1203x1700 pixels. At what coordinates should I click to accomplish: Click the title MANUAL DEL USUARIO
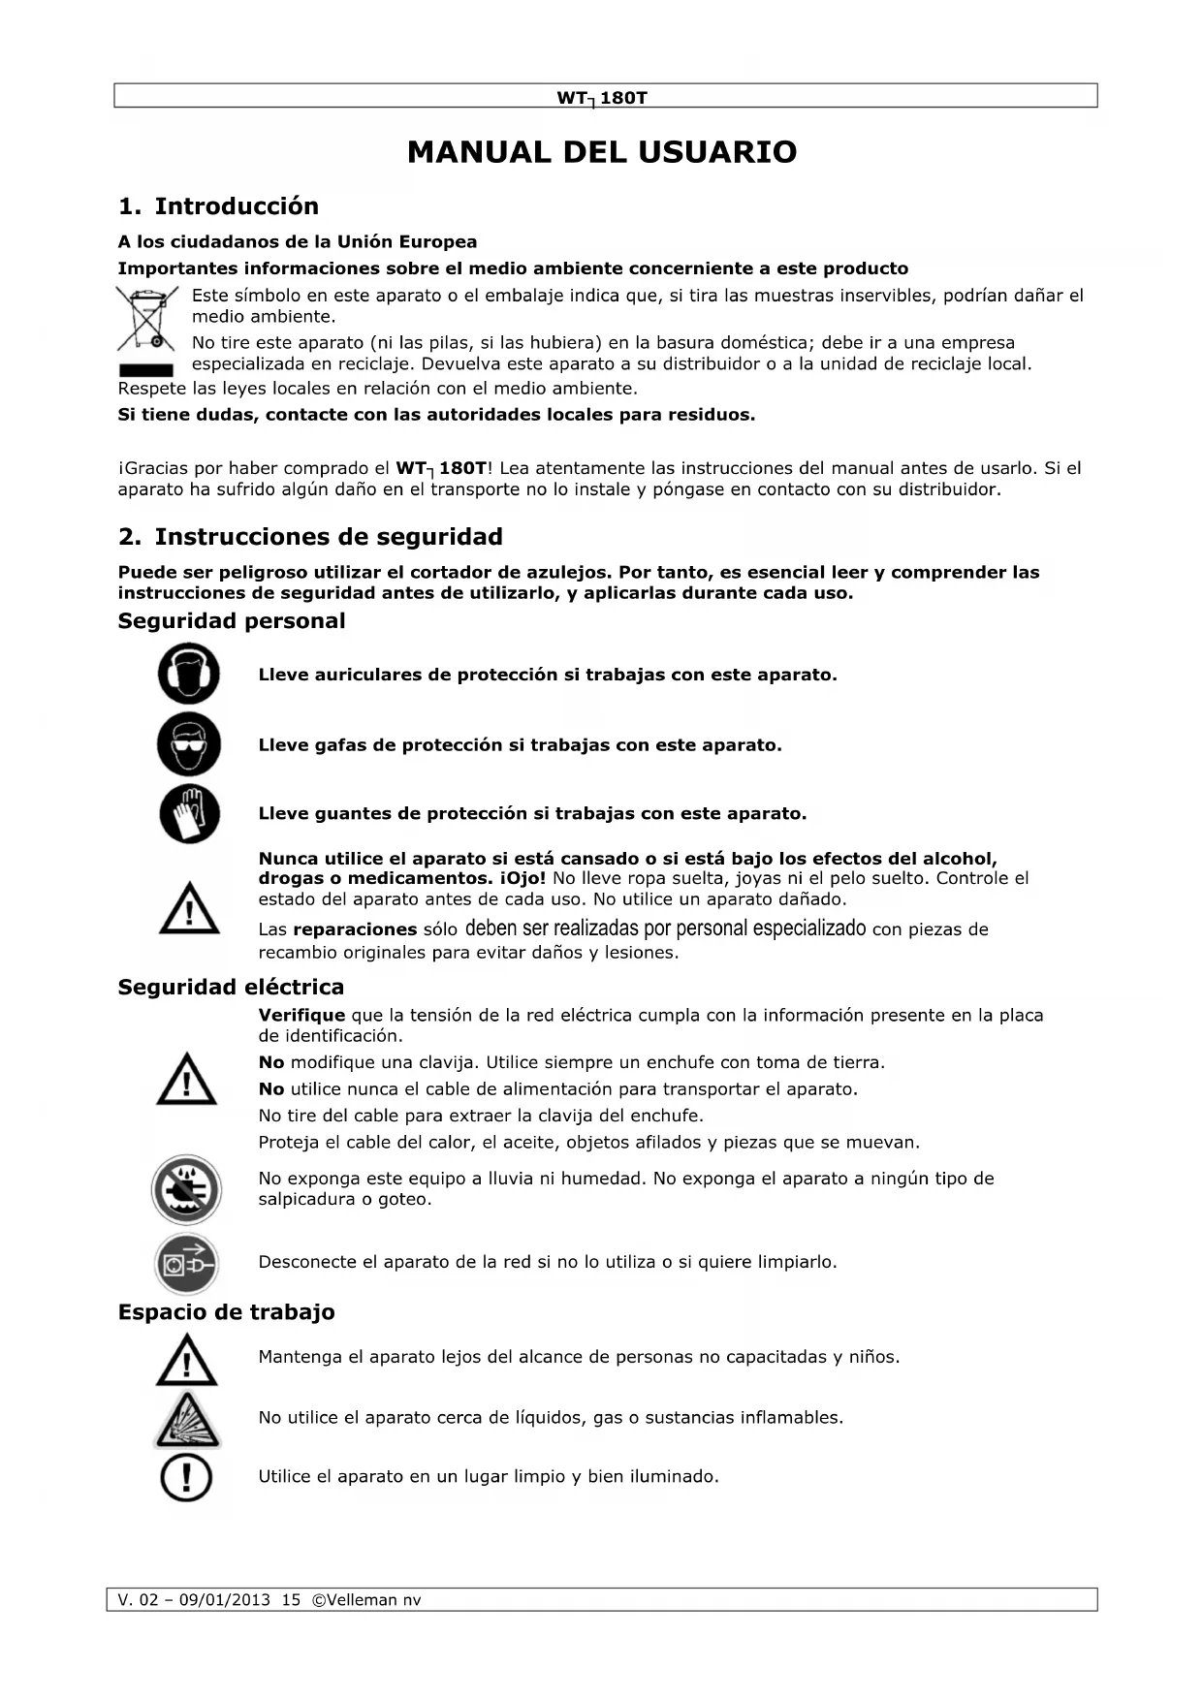tap(601, 152)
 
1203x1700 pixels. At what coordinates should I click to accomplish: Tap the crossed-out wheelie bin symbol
tap(146, 319)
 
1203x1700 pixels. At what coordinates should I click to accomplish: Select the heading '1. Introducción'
tap(218, 206)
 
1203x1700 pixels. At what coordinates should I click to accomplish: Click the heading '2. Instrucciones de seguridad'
tap(310, 537)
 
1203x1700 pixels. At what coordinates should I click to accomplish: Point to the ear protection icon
tap(189, 674)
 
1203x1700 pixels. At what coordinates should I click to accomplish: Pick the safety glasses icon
tap(189, 744)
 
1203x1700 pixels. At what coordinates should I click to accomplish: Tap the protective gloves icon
tap(189, 812)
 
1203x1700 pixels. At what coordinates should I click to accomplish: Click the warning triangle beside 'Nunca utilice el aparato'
tap(189, 908)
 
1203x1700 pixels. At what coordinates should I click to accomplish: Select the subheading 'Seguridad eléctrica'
tap(231, 988)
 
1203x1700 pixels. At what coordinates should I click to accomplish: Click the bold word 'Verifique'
tap(301, 1016)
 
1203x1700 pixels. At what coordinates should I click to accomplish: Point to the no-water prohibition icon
tap(186, 1189)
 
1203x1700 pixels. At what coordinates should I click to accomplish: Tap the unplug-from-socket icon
tap(186, 1263)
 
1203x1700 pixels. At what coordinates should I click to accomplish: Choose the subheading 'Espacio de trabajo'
tap(226, 1312)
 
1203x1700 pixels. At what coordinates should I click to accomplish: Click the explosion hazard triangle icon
tap(186, 1420)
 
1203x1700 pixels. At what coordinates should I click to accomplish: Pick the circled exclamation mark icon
tap(186, 1478)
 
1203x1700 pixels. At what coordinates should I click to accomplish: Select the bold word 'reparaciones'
tap(355, 929)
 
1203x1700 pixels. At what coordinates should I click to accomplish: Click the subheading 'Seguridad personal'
tap(231, 621)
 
